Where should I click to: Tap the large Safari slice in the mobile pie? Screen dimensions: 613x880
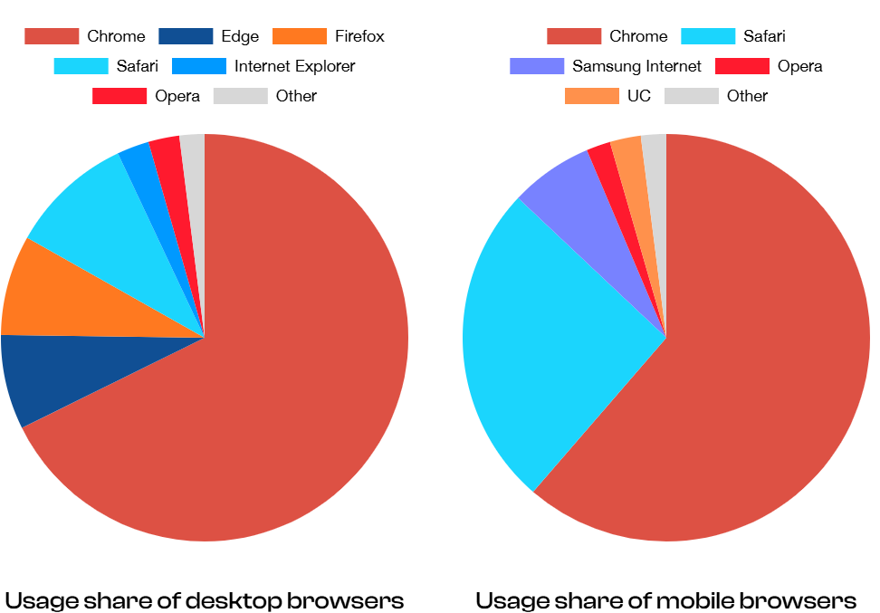point(543,344)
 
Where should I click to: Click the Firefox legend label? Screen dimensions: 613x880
point(359,37)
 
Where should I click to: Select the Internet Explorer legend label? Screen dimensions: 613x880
point(294,66)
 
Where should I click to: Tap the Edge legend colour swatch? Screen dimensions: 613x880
point(185,37)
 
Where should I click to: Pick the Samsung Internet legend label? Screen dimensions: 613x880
point(636,66)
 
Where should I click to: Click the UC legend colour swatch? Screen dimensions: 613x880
point(591,96)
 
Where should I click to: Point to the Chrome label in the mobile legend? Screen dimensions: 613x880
point(638,37)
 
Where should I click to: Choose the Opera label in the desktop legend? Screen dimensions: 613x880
point(177,96)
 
